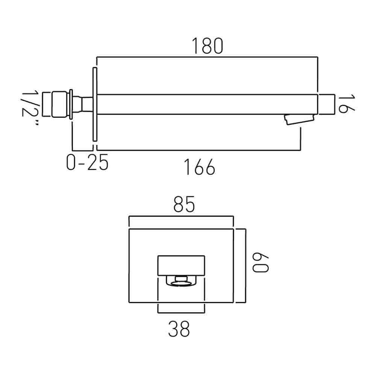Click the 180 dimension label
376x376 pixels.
coord(208,46)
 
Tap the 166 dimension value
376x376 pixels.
coord(199,167)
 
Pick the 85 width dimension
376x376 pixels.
coord(184,205)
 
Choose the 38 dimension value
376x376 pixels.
coord(179,329)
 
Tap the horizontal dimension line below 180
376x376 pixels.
coord(208,57)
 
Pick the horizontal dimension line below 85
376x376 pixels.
coord(181,217)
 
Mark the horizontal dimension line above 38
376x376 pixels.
coord(181,312)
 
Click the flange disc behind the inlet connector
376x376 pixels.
coord(71,104)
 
